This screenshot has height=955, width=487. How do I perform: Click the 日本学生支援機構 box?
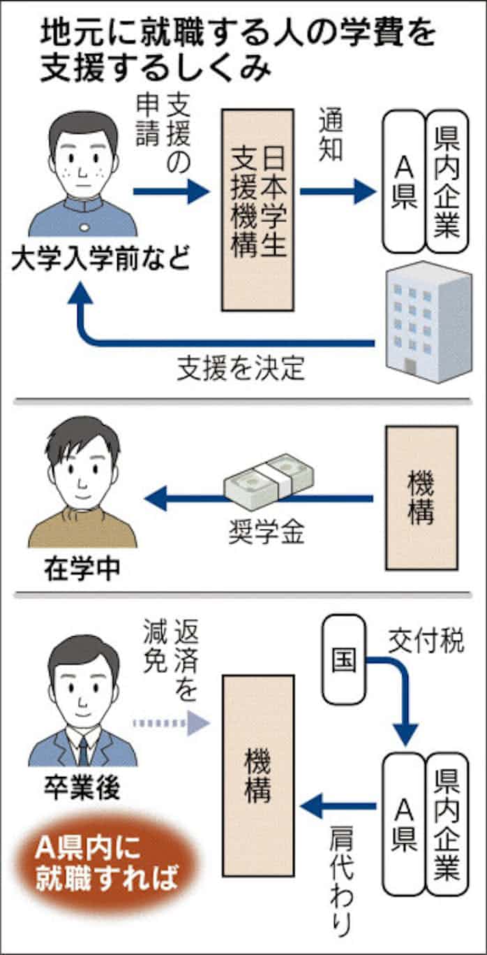point(257,209)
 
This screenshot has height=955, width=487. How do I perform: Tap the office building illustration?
point(428,321)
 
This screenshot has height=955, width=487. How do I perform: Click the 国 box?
point(343,658)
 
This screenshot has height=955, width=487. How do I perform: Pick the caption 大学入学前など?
point(101,261)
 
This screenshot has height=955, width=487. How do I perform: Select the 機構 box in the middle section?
point(421,497)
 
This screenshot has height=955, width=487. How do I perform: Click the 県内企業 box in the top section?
point(447,181)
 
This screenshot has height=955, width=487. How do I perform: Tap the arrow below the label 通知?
point(338,191)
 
